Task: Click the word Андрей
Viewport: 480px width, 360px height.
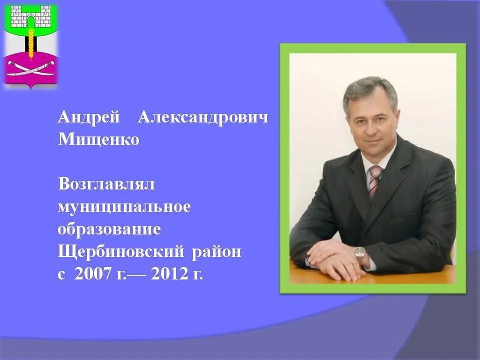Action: pos(89,118)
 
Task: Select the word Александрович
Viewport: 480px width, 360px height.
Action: pos(203,118)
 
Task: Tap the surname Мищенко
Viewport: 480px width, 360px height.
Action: pos(98,140)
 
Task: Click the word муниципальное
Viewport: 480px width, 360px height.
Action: pos(124,207)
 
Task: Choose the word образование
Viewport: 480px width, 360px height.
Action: pos(109,230)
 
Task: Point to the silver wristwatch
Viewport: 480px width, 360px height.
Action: pos(360,254)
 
